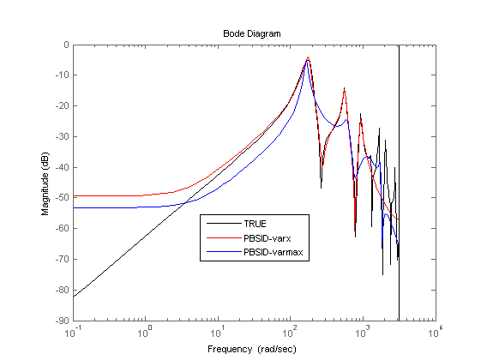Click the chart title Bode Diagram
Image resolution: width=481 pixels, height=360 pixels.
coord(251,33)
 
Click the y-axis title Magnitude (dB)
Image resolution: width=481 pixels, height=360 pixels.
coord(45,183)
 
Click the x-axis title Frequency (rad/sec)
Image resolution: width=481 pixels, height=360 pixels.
coord(252,349)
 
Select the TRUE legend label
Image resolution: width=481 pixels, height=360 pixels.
coord(255,224)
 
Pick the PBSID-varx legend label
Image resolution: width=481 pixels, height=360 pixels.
coord(268,238)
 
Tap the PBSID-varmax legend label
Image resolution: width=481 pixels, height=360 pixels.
coord(274,252)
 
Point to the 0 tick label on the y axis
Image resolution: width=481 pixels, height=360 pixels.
coord(66,45)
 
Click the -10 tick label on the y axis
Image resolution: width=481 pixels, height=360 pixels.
coord(63,75)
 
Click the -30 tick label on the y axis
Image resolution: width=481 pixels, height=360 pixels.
coord(63,136)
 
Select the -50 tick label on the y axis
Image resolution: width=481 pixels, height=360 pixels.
coord(63,197)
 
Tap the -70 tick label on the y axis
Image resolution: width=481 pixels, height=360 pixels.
coord(63,259)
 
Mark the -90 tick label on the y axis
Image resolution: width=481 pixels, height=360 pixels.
coord(63,321)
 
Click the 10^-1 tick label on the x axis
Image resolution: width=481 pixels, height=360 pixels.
coord(73,332)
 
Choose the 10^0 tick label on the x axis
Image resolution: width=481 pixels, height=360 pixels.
coord(145,332)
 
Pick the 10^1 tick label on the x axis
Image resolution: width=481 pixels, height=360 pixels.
coord(218,332)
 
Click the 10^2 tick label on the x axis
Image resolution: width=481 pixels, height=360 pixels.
coord(290,332)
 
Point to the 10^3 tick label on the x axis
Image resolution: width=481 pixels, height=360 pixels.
coord(363,332)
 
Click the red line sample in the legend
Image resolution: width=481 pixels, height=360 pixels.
coord(224,238)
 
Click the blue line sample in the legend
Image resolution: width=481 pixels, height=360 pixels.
coord(224,252)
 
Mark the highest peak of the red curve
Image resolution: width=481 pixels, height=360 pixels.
coord(309,57)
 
